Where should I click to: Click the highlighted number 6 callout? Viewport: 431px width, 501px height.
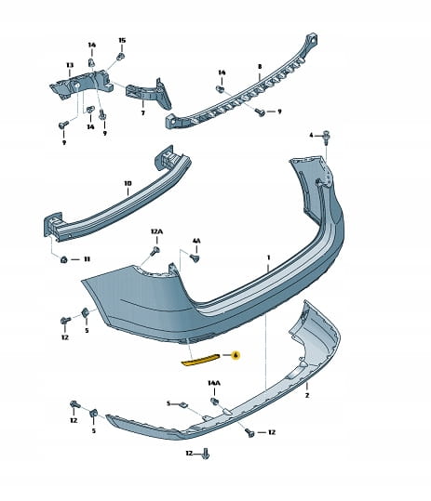236,355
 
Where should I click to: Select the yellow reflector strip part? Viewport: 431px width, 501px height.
200,360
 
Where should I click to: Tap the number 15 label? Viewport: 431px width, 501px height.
122,40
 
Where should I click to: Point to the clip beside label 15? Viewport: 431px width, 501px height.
121,57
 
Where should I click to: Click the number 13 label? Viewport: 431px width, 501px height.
70,65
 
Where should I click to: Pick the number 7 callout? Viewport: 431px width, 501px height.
143,112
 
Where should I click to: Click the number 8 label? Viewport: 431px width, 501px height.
260,67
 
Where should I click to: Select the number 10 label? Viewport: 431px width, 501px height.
128,183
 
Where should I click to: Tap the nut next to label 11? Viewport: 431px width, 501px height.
63,259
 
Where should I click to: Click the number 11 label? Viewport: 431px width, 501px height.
87,259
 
